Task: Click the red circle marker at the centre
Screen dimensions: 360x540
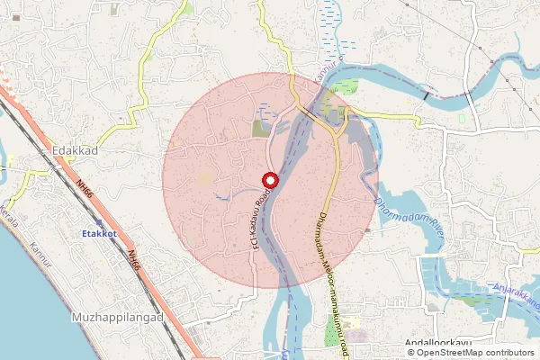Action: (x=270, y=180)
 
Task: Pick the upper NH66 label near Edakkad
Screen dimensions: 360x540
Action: (x=85, y=192)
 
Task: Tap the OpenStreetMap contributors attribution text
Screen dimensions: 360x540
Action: (x=474, y=353)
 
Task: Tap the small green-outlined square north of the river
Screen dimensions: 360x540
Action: (x=462, y=118)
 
